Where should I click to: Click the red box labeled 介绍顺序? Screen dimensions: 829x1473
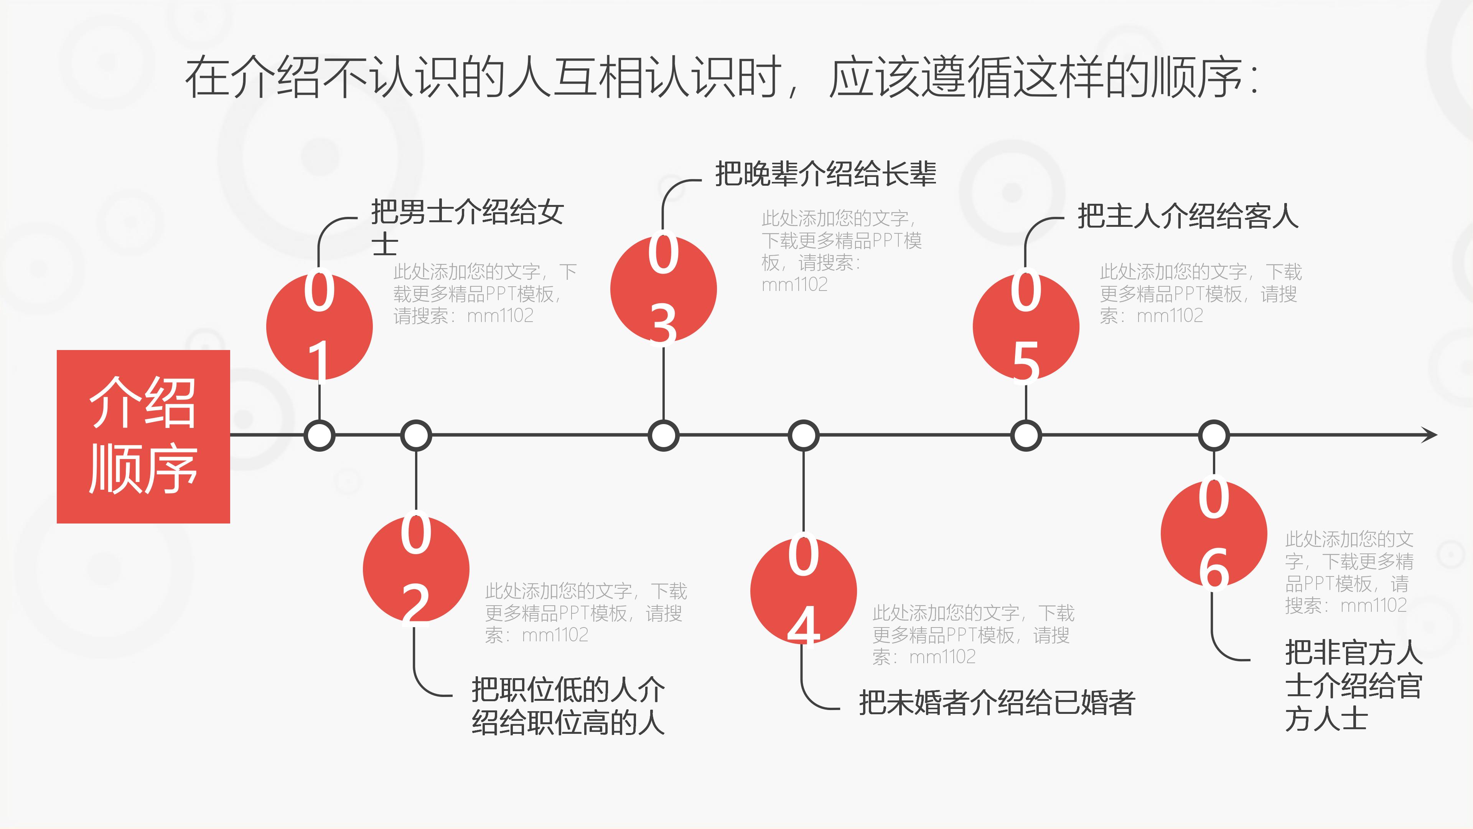[x=143, y=436]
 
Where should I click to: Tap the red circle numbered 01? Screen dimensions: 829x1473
[x=319, y=327]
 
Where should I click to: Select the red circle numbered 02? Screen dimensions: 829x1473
[x=416, y=569]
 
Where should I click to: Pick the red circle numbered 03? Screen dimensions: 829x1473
[x=663, y=289]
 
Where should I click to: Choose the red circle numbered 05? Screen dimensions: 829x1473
[x=1026, y=327]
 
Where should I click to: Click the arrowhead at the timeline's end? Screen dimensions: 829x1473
[x=1430, y=435]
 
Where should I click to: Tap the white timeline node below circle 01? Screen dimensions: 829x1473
[x=319, y=436]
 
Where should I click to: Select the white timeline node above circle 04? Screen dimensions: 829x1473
[x=803, y=436]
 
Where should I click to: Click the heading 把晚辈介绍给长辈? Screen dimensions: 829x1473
[x=825, y=174]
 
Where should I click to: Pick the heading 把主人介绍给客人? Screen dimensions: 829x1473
[x=1188, y=216]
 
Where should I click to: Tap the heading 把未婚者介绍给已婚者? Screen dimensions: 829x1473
[x=997, y=703]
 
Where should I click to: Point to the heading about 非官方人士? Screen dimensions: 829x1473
[x=1353, y=685]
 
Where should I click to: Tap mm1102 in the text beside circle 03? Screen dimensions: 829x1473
[x=794, y=284]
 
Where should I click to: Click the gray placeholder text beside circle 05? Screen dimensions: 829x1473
[x=1199, y=294]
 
